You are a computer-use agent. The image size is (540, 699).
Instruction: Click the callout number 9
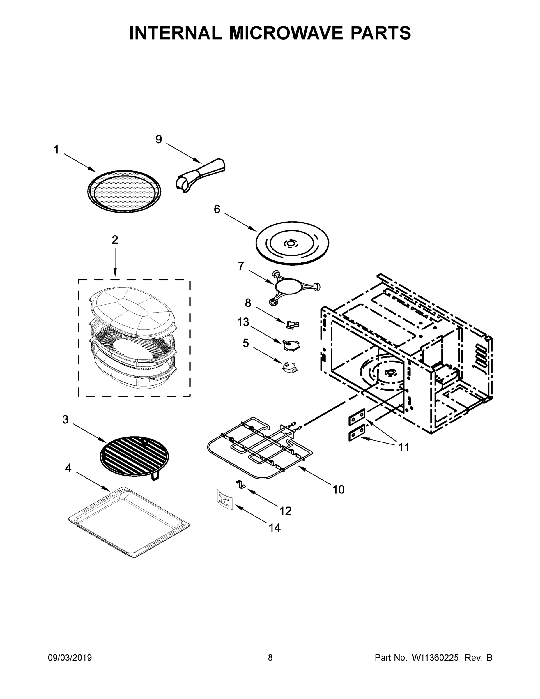[x=159, y=140]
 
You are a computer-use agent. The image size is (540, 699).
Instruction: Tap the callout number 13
[x=243, y=322]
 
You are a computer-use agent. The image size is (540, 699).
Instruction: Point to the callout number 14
[x=275, y=528]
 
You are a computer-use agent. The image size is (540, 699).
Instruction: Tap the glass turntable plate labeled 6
[x=292, y=243]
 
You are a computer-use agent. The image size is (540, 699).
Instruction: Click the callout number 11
[x=404, y=447]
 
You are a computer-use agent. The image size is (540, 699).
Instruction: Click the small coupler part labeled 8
[x=292, y=325]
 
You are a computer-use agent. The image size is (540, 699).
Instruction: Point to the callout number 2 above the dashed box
[x=115, y=240]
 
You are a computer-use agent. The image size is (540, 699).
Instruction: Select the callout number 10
[x=339, y=489]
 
